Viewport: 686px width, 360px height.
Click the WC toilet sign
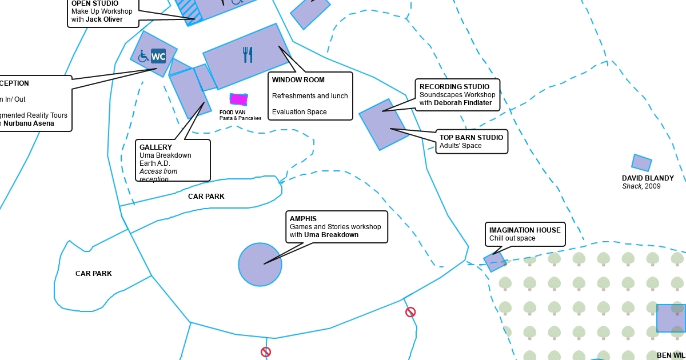tap(158, 56)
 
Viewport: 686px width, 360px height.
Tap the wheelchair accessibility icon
tap(143, 56)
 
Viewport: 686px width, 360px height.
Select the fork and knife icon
tap(248, 55)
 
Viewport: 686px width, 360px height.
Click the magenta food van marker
tap(238, 99)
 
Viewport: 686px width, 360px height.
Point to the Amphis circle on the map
tap(260, 264)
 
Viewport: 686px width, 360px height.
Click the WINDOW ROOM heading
tap(298, 80)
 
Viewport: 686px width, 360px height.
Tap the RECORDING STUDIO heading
tap(454, 87)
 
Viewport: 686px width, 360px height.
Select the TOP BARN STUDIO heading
tap(471, 138)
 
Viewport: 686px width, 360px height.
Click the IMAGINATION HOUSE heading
tap(525, 230)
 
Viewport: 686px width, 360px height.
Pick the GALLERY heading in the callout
tap(155, 147)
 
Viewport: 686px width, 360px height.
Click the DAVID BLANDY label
tap(648, 178)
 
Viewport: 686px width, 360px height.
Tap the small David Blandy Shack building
tap(641, 163)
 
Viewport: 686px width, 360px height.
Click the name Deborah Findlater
tap(462, 103)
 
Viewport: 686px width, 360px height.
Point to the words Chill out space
tap(512, 238)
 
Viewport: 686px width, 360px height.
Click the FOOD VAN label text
tap(232, 113)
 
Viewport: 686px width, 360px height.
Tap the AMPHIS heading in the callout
tap(303, 219)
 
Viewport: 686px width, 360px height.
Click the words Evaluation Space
tap(299, 112)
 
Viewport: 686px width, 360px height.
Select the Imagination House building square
tap(494, 262)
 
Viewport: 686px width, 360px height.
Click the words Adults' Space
tap(460, 146)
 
